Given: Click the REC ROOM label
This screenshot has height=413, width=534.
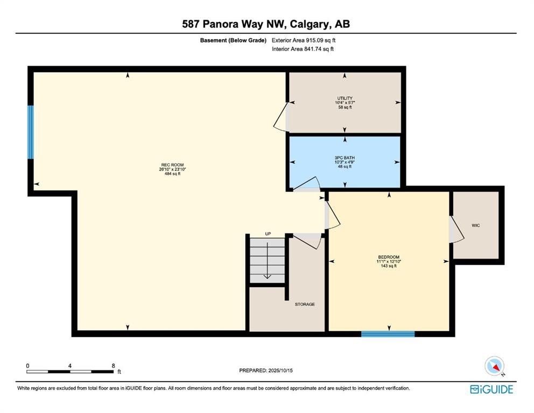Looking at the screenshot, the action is [x=172, y=165].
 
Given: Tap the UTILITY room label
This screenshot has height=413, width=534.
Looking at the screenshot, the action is [x=345, y=98].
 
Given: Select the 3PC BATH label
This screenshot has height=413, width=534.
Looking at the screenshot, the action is [x=345, y=158].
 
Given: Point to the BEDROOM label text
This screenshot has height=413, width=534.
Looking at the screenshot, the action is [x=389, y=257].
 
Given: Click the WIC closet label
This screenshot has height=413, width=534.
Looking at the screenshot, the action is [x=476, y=225].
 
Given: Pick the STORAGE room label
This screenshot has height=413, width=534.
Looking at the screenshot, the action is [x=305, y=304].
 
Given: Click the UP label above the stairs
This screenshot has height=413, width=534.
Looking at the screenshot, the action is [x=268, y=234].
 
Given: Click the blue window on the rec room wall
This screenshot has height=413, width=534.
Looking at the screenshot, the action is [x=31, y=132].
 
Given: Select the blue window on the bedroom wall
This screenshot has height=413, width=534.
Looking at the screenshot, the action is [x=388, y=334].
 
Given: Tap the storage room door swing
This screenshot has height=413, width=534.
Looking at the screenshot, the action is [x=307, y=241].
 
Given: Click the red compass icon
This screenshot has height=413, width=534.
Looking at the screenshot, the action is [x=494, y=366].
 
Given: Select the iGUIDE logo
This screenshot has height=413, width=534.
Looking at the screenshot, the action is [x=491, y=389].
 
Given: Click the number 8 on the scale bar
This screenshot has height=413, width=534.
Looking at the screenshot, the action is [x=113, y=366].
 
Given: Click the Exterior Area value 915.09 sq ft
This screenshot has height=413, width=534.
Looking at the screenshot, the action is [x=320, y=40].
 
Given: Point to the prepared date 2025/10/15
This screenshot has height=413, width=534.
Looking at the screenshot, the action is [x=280, y=371].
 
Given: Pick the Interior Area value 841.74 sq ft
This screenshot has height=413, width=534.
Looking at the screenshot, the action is [x=319, y=49].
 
